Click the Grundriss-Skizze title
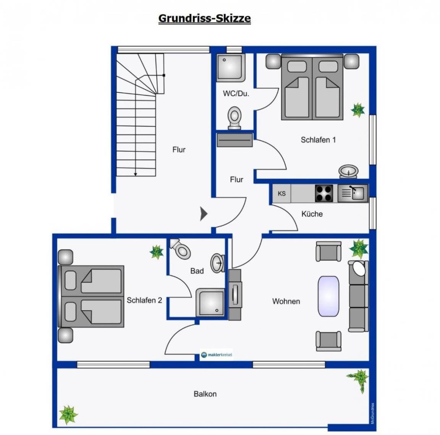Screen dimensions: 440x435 point(205,18)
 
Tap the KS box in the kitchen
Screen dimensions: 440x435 point(282,193)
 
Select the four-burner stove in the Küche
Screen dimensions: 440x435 point(324,193)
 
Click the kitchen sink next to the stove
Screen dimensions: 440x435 point(353,193)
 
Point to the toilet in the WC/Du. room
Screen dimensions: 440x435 point(235,118)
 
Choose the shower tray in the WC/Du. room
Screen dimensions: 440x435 point(231,68)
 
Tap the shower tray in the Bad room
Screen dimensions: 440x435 point(210,302)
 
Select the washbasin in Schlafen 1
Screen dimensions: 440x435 point(348,171)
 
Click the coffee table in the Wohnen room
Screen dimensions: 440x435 point(328,296)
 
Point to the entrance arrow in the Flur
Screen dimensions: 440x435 point(204,214)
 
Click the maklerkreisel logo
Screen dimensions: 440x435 point(217,355)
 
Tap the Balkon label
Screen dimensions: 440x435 point(205,394)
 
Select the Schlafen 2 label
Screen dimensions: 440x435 point(144,300)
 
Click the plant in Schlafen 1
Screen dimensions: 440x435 point(358,110)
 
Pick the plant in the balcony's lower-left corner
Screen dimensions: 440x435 point(68,415)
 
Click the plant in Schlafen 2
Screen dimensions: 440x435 point(157,252)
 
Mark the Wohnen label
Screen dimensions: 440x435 point(286,301)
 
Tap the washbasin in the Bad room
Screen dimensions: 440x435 point(218,263)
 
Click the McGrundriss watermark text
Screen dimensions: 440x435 point(372,413)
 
